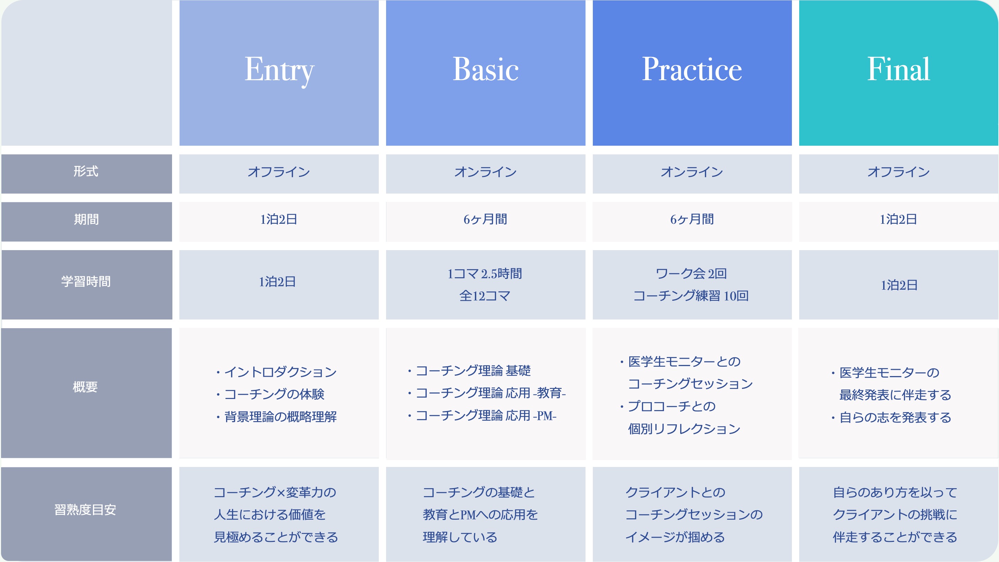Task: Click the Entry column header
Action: (279, 70)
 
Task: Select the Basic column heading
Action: (486, 69)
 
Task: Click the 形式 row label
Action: (86, 171)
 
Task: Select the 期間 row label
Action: (86, 220)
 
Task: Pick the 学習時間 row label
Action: (86, 282)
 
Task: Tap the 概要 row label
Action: (85, 387)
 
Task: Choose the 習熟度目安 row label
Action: (85, 510)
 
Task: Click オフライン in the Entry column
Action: (279, 172)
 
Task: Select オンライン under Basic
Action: (486, 172)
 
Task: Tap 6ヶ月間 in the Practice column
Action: (692, 220)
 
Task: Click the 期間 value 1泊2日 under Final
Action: (898, 220)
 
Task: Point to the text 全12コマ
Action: (485, 296)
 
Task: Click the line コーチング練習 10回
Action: (691, 296)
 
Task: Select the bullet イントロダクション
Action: (276, 372)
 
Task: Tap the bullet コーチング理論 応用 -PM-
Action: (483, 416)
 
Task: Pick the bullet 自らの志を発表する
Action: (891, 417)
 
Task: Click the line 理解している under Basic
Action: (460, 537)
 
